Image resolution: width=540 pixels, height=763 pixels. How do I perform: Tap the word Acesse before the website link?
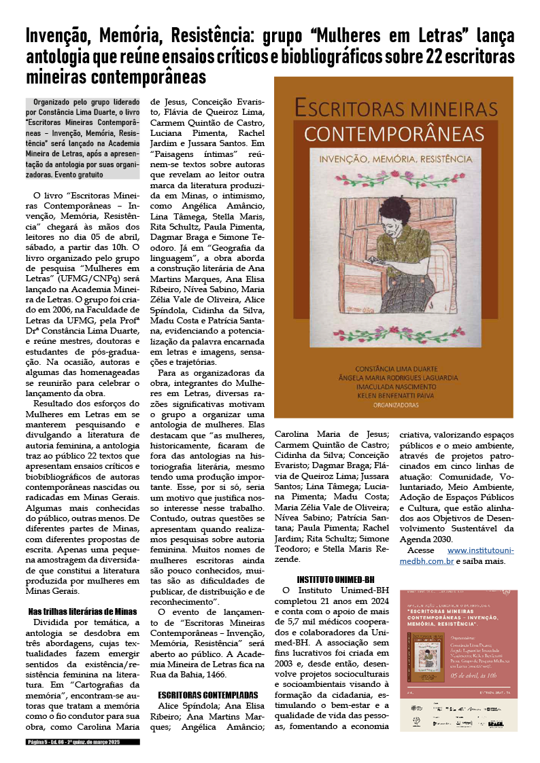pyautogui.click(x=421, y=550)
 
